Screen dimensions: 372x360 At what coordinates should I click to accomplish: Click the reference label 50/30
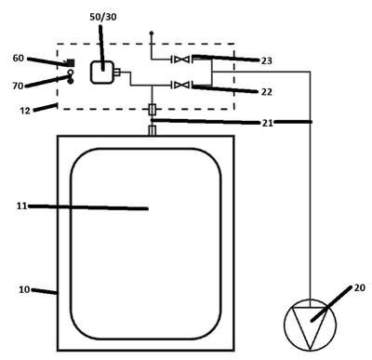pyautogui.click(x=103, y=17)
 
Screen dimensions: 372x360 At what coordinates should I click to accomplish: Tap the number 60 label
pyautogui.click(x=19, y=58)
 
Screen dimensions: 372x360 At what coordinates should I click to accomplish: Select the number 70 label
pyautogui.click(x=18, y=86)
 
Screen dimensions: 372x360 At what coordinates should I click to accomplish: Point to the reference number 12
pyautogui.click(x=25, y=111)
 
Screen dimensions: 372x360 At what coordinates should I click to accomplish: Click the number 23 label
pyautogui.click(x=267, y=60)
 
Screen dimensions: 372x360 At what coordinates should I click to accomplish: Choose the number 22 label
pyautogui.click(x=267, y=92)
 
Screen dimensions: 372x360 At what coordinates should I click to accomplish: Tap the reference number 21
pyautogui.click(x=268, y=123)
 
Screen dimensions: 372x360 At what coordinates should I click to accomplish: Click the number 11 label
pyautogui.click(x=21, y=206)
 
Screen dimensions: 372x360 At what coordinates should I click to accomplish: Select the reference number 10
pyautogui.click(x=24, y=289)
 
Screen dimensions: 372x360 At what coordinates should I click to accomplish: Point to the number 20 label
pyautogui.click(x=360, y=287)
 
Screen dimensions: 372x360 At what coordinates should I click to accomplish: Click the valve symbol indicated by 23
pyautogui.click(x=181, y=60)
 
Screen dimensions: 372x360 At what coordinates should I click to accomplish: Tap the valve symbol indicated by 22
pyautogui.click(x=181, y=85)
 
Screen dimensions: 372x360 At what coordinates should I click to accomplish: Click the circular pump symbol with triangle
pyautogui.click(x=310, y=325)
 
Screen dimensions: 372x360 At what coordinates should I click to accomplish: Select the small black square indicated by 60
pyautogui.click(x=72, y=62)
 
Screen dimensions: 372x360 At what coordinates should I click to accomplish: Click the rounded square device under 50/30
pyautogui.click(x=101, y=73)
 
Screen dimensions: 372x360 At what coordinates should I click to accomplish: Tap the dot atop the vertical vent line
pyautogui.click(x=152, y=33)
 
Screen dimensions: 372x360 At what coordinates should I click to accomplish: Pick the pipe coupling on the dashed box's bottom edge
pyautogui.click(x=153, y=109)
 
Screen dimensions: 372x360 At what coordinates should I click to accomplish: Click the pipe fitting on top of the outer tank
pyautogui.click(x=153, y=130)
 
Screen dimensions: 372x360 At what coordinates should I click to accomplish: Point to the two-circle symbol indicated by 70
pyautogui.click(x=71, y=76)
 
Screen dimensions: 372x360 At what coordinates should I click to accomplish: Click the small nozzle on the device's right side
pyautogui.click(x=116, y=73)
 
